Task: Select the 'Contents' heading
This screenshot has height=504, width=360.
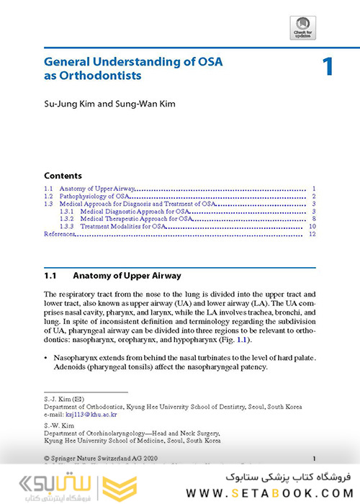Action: (x=63, y=176)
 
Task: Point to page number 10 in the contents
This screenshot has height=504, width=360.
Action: (x=312, y=227)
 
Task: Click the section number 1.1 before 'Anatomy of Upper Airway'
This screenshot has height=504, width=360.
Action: (x=50, y=275)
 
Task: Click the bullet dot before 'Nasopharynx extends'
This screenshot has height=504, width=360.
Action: (x=46, y=358)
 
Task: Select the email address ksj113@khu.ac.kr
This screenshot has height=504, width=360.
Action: (x=90, y=415)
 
